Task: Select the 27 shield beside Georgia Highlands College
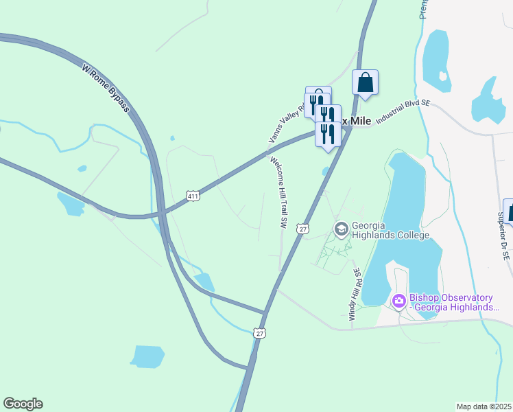(x=302, y=229)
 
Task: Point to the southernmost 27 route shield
(x=259, y=333)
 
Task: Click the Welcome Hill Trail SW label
(x=278, y=192)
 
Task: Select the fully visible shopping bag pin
(x=366, y=83)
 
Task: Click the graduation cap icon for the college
(x=340, y=228)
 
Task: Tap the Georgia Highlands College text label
(x=390, y=230)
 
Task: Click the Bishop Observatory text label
(x=451, y=302)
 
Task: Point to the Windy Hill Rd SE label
(x=355, y=295)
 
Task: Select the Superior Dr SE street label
(x=503, y=235)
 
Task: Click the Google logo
(x=23, y=404)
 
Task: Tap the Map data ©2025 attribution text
(x=484, y=407)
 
